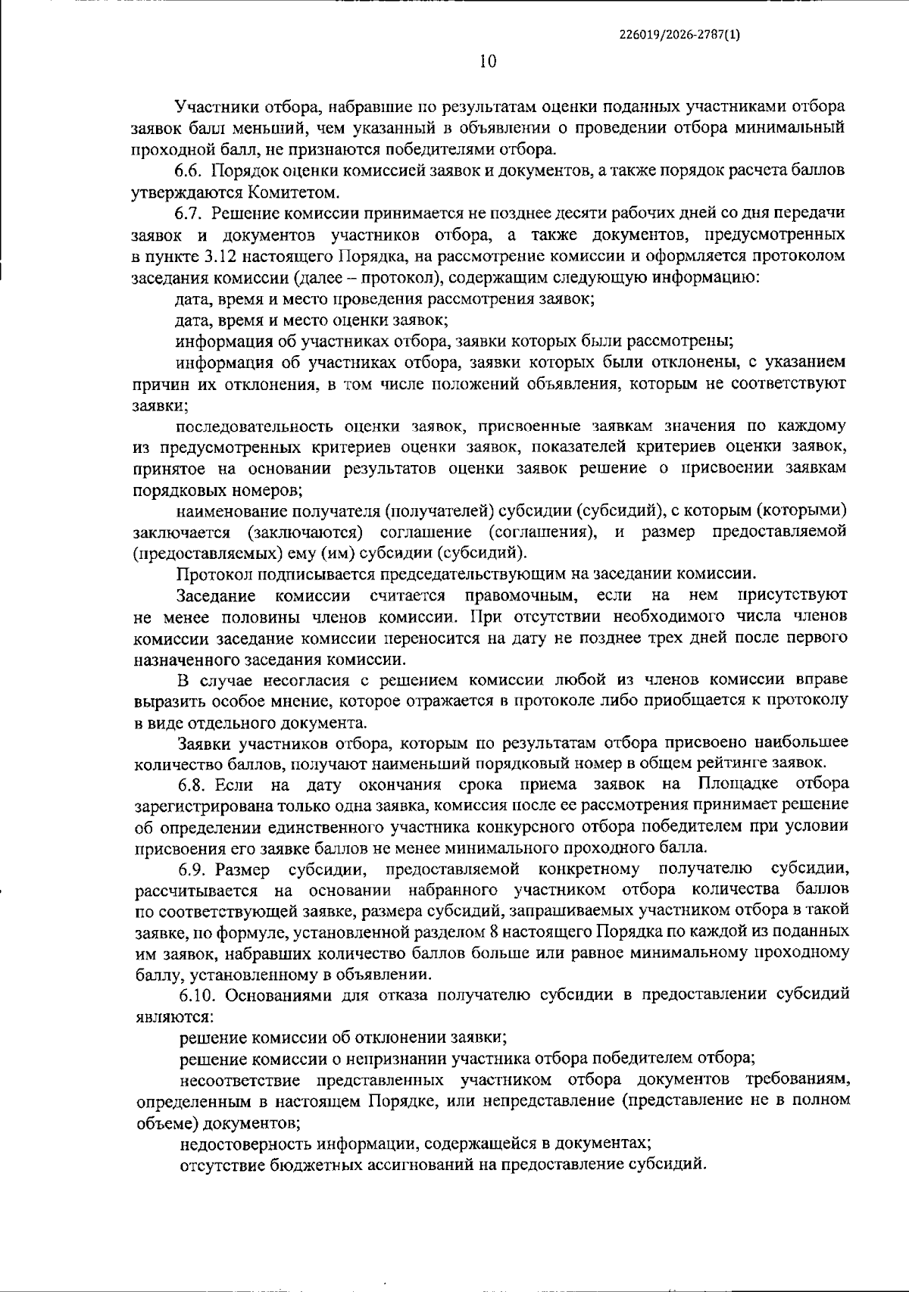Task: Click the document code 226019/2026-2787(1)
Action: (679, 35)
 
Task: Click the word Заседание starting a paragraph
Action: (212, 594)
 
